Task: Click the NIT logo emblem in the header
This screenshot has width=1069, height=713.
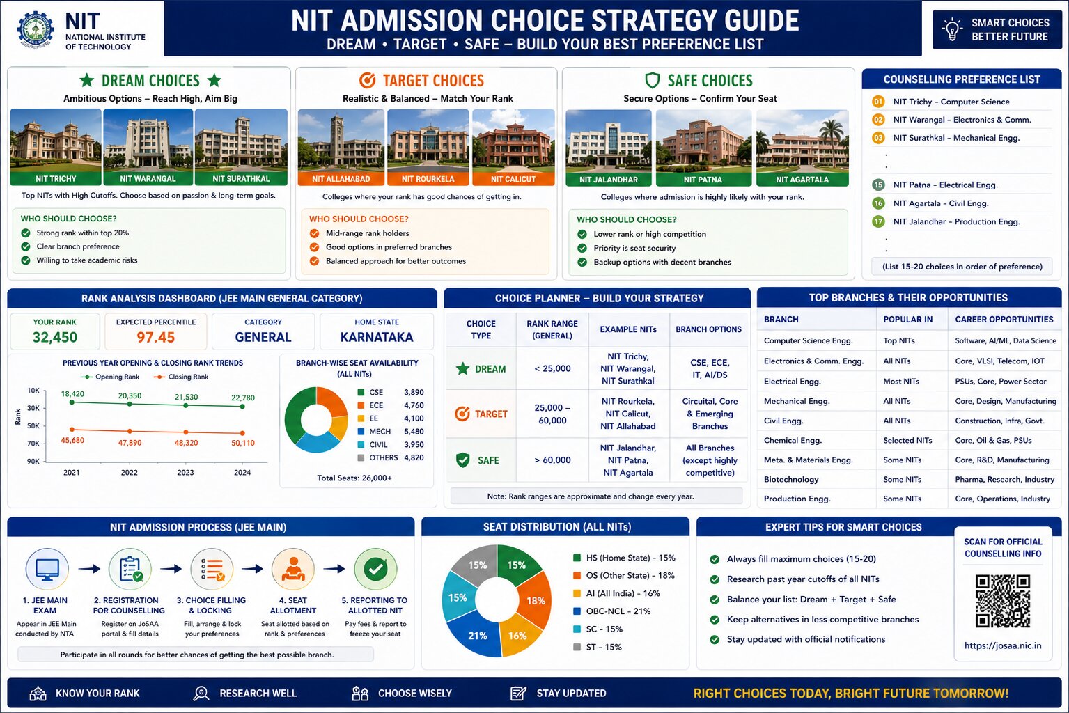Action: click(x=36, y=29)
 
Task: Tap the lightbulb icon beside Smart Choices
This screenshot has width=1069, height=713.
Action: click(x=951, y=29)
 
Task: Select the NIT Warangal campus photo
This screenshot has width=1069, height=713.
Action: click(x=148, y=147)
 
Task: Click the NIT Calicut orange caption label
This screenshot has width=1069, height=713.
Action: click(x=513, y=179)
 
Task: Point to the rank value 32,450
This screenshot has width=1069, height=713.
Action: click(x=55, y=338)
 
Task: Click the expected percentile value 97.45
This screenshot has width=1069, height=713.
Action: click(x=155, y=338)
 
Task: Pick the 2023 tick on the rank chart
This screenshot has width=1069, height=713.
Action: click(x=186, y=473)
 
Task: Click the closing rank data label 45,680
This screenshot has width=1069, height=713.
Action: click(x=72, y=440)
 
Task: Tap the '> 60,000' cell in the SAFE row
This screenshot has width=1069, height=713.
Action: click(x=552, y=460)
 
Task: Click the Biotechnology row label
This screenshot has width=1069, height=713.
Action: click(x=790, y=479)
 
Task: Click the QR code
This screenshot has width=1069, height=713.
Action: click(x=1003, y=602)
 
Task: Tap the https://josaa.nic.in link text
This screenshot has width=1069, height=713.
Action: click(x=1003, y=645)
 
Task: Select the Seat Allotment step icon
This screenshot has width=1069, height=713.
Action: click(x=293, y=570)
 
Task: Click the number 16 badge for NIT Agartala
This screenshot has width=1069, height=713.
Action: click(x=878, y=203)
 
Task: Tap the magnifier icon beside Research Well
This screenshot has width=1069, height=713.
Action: click(x=201, y=694)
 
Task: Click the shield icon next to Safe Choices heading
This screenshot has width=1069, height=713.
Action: click(x=652, y=80)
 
